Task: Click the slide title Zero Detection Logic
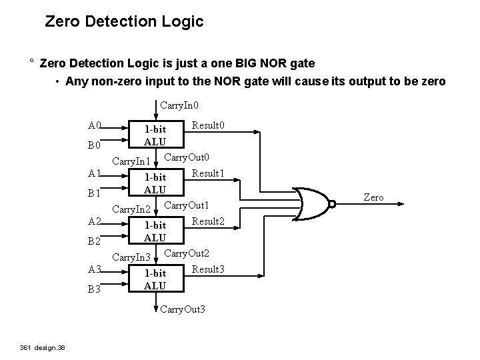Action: pyautogui.click(x=124, y=22)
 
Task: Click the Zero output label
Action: pyautogui.click(x=373, y=197)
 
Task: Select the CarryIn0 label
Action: pyautogui.click(x=179, y=105)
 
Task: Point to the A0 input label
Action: pyautogui.click(x=95, y=125)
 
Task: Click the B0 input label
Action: pyautogui.click(x=95, y=145)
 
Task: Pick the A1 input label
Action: pyautogui.click(x=95, y=173)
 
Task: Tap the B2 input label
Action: pyautogui.click(x=95, y=241)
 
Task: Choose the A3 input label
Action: pyautogui.click(x=95, y=269)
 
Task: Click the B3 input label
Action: pyautogui.click(x=95, y=290)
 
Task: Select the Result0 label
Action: pyautogui.click(x=208, y=125)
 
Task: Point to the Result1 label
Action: pyautogui.click(x=208, y=173)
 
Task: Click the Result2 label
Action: pyautogui.click(x=208, y=221)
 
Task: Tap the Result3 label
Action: pyautogui.click(x=208, y=269)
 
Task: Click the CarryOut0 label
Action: pyautogui.click(x=187, y=157)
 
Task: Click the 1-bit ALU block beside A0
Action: pyautogui.click(x=155, y=135)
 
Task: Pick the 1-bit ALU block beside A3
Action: pyautogui.click(x=155, y=279)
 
